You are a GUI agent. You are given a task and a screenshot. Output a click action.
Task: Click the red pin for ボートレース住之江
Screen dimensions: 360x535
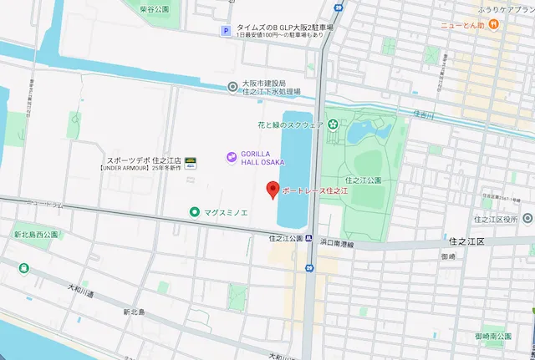(272, 190)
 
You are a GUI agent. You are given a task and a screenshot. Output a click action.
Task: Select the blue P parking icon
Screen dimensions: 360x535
(224, 32)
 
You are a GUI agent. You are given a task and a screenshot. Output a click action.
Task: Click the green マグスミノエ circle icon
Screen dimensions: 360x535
(195, 212)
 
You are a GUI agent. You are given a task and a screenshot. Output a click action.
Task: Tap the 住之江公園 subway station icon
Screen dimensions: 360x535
(309, 268)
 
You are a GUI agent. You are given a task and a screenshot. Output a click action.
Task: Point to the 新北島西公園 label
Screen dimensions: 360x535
(35, 235)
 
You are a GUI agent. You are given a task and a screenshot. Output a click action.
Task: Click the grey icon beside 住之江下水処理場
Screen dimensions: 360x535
(232, 85)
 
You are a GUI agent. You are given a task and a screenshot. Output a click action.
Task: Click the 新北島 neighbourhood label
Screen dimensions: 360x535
(134, 312)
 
